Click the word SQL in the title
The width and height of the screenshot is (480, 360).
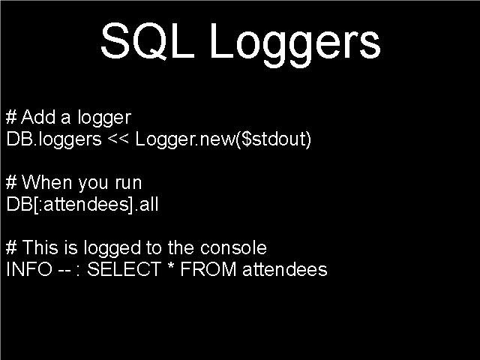(148, 41)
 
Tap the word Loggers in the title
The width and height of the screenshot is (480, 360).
(295, 45)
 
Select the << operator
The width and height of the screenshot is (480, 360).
(118, 139)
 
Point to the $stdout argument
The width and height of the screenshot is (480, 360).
(274, 139)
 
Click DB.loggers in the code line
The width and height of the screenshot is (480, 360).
(54, 140)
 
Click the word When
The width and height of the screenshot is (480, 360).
(46, 182)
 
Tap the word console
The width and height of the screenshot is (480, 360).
(233, 247)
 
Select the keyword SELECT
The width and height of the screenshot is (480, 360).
(124, 269)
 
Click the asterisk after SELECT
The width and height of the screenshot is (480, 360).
(171, 266)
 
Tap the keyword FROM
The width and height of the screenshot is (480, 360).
(208, 269)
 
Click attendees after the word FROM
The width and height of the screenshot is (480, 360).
(285, 269)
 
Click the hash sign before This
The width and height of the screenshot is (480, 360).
(11, 247)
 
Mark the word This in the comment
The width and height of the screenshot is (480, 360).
(40, 247)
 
